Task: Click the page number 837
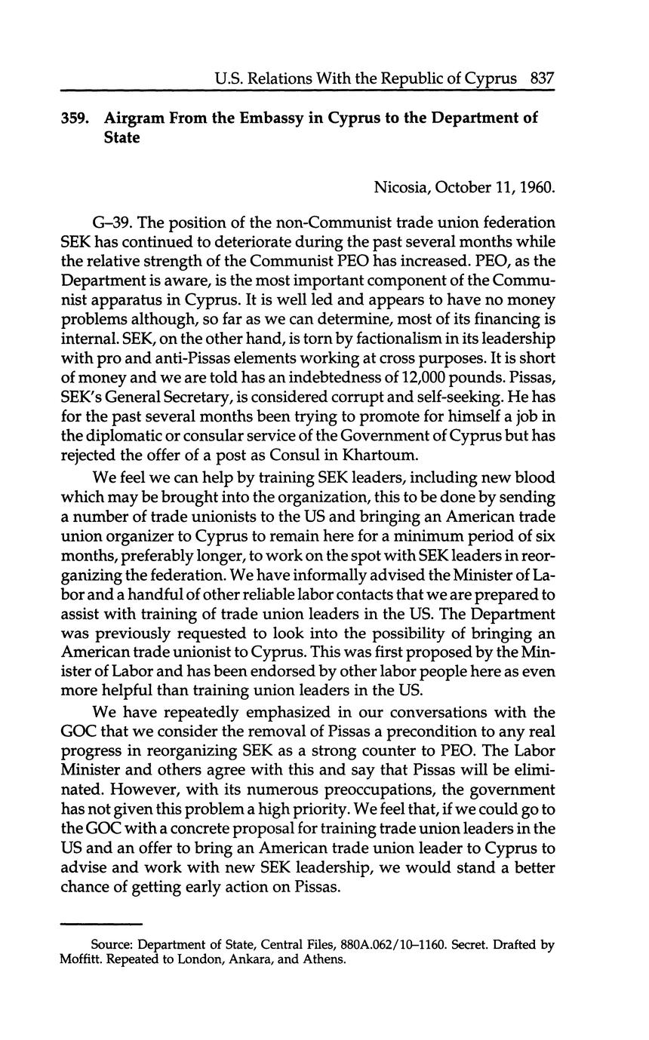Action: coord(543,78)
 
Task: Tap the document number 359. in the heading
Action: coord(76,119)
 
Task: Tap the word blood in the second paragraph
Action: coord(533,477)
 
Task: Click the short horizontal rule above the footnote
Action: coord(100,923)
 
